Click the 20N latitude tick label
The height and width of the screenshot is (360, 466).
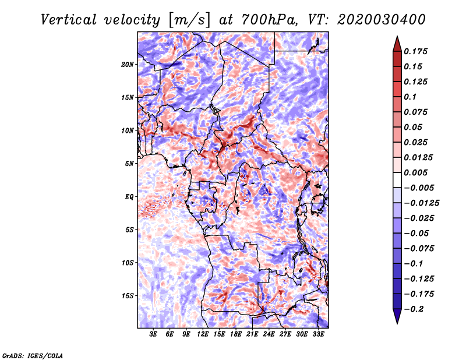[128, 64]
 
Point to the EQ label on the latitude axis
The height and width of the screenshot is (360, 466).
[129, 197]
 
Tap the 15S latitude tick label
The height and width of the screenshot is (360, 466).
[128, 296]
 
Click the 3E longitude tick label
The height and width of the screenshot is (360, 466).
[154, 334]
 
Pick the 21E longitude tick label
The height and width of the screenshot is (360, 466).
[252, 334]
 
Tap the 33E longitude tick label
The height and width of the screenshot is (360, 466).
[318, 334]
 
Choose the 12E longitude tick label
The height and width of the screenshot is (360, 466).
[203, 334]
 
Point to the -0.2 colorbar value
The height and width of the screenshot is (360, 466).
[414, 309]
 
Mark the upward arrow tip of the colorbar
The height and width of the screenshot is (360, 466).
[397, 37]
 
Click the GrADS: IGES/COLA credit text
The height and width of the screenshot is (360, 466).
[33, 355]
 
